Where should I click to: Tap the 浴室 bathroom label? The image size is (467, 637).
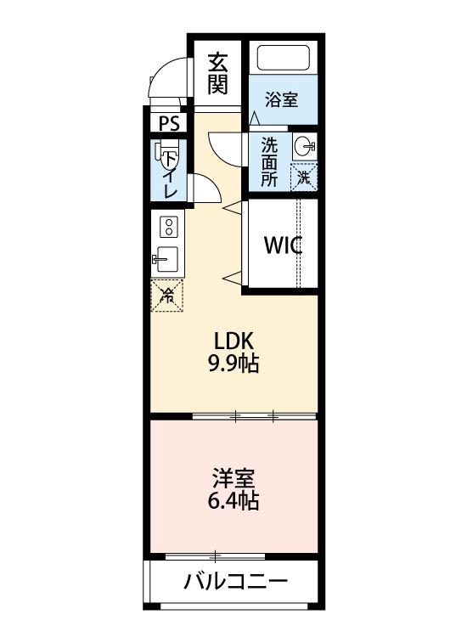pos(281,99)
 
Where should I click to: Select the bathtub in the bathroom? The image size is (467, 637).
pos(285,59)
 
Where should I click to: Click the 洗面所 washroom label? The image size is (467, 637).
pos(269,161)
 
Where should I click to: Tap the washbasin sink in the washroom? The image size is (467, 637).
pos(304,147)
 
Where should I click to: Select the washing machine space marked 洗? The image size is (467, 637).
pos(304,177)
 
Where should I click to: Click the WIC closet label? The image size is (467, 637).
pos(283,245)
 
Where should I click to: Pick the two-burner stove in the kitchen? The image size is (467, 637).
pos(168,227)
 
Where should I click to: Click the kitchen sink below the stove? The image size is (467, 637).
pos(166,258)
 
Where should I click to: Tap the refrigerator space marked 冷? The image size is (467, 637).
pos(167,295)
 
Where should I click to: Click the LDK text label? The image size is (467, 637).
pos(233,341)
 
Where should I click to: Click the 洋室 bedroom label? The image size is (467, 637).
pos(233,477)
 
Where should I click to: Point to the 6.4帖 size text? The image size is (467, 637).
pos(233,500)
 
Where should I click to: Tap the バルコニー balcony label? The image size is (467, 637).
pos(236,583)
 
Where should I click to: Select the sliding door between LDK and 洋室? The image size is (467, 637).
pos(255,416)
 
